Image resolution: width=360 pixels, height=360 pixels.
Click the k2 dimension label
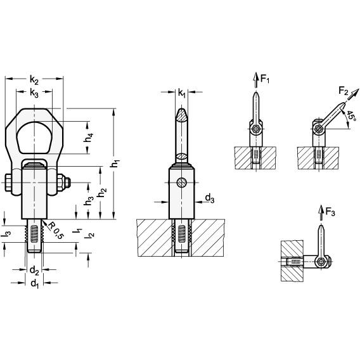click(x=34, y=80)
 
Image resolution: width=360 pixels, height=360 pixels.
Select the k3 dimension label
click(x=34, y=93)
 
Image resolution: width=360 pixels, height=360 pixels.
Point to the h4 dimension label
click(x=88, y=138)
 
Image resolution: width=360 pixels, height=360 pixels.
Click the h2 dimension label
click(x=101, y=193)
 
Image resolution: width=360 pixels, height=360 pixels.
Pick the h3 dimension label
click(x=89, y=201)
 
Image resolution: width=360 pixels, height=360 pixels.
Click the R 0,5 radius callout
click(x=55, y=230)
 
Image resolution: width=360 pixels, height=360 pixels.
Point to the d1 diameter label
click(x=34, y=284)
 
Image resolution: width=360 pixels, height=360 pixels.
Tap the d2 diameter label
click(x=34, y=271)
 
